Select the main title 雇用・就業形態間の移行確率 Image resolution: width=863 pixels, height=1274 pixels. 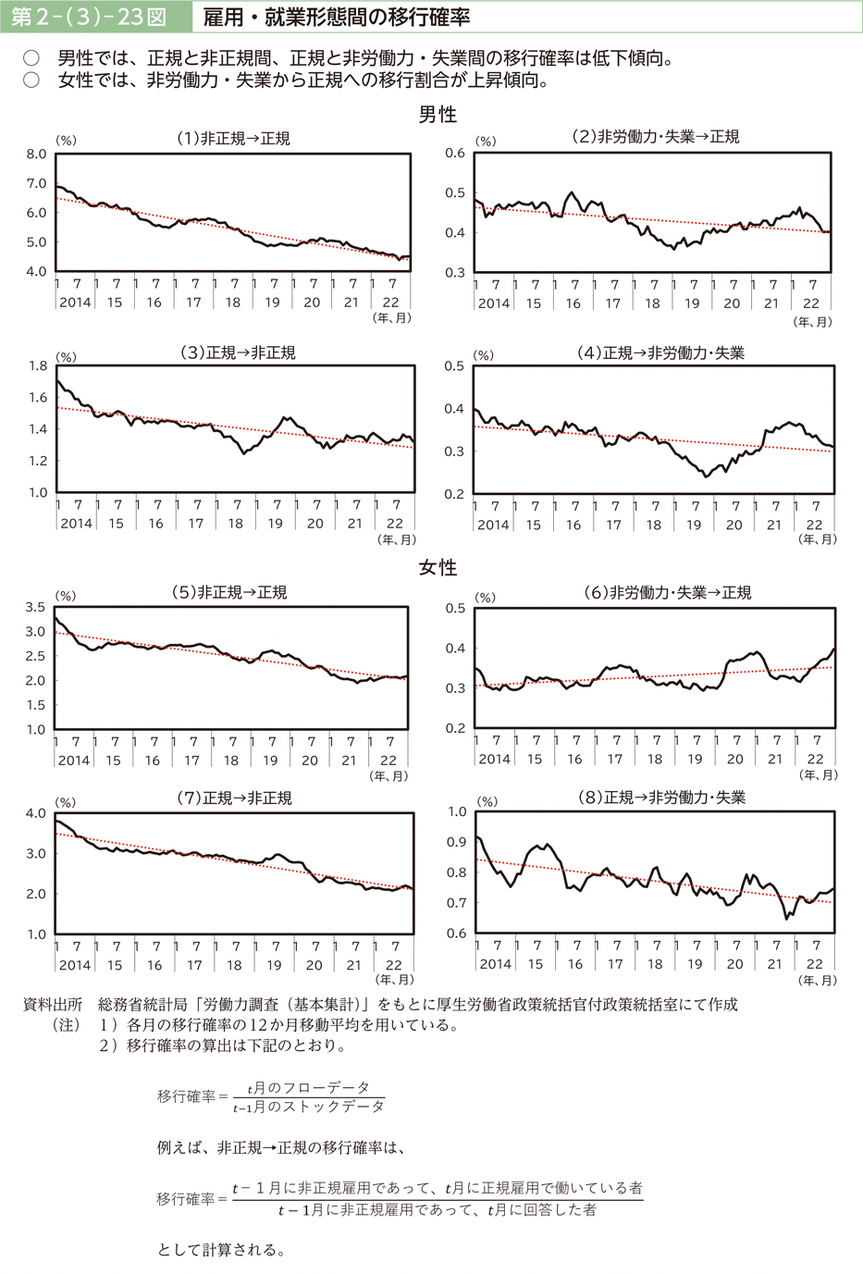click(337, 17)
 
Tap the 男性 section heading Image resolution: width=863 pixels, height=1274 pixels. click(438, 114)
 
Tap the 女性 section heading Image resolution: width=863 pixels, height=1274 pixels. click(438, 567)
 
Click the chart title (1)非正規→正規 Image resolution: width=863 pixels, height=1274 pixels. click(233, 138)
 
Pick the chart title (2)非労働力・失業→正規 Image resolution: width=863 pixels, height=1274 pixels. click(655, 136)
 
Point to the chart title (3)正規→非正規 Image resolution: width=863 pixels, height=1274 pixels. click(238, 353)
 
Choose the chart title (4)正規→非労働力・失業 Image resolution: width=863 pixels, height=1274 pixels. click(660, 353)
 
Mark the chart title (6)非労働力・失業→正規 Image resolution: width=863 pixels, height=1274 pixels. click(667, 592)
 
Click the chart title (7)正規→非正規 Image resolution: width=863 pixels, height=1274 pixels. click(234, 798)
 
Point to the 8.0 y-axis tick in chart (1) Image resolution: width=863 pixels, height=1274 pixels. click(36, 155)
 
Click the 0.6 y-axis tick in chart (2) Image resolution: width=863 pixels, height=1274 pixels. click(455, 154)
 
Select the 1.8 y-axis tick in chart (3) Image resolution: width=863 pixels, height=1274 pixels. click(37, 366)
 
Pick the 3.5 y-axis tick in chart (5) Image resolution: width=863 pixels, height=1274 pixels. click(35, 607)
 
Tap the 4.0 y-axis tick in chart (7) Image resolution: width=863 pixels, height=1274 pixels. click(35, 813)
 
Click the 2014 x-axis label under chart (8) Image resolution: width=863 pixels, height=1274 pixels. click(495, 964)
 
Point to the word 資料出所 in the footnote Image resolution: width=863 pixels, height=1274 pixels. click(52, 1005)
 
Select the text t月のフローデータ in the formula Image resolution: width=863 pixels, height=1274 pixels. click(308, 1087)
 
